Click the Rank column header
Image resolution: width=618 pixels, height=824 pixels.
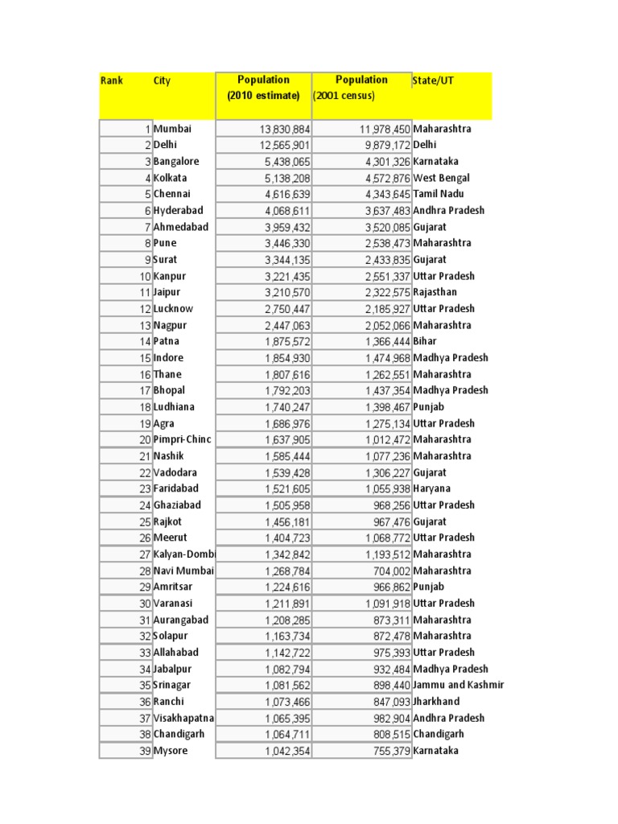tap(111, 81)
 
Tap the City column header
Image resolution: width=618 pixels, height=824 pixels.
tap(162, 81)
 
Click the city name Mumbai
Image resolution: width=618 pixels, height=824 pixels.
tap(172, 129)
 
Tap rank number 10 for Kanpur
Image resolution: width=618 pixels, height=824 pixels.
tap(145, 276)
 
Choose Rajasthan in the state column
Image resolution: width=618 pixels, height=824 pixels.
tap(435, 292)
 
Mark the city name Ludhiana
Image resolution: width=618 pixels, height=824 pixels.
tap(174, 407)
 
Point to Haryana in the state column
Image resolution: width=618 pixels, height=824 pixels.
tap(431, 488)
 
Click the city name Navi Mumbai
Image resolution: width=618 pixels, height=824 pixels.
tap(183, 571)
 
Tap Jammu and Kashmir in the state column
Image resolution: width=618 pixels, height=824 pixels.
tap(459, 685)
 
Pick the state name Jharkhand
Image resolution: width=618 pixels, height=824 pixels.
tap(436, 702)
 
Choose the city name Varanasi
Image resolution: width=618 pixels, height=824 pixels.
tap(173, 604)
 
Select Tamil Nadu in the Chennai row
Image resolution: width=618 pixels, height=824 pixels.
tap(438, 194)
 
